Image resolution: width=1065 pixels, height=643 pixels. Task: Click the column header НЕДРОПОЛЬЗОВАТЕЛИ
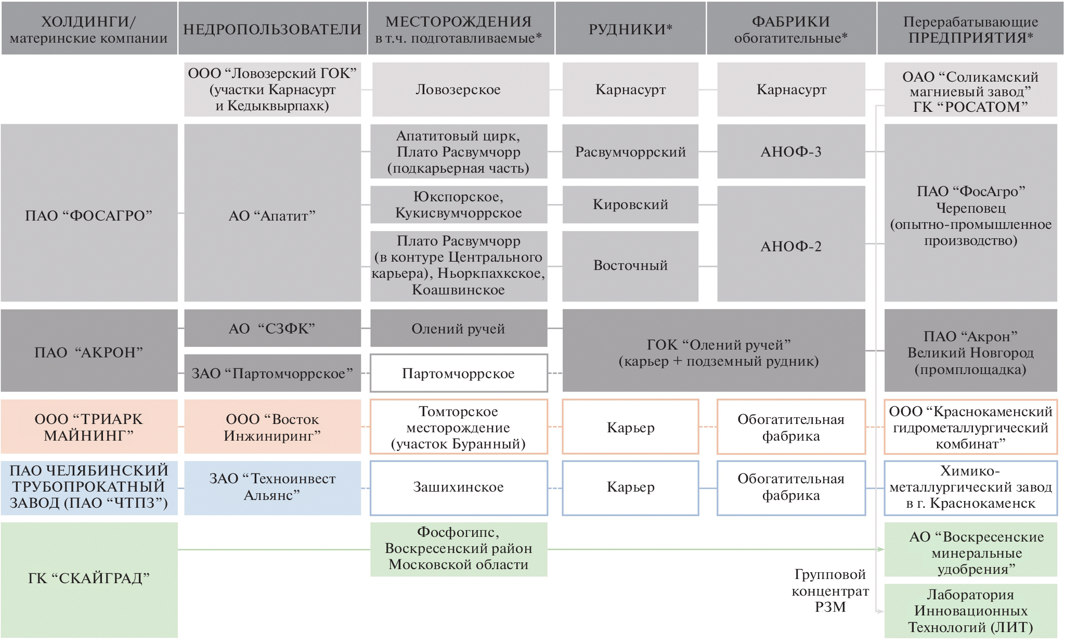click(x=272, y=29)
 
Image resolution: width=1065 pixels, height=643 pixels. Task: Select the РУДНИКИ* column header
click(x=630, y=29)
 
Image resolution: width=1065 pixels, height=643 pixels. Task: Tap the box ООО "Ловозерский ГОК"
click(x=272, y=89)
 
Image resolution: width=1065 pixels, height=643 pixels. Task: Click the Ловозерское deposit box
click(x=458, y=89)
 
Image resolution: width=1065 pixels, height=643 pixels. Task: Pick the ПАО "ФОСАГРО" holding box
click(x=89, y=215)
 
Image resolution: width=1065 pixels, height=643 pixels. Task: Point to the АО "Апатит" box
click(x=272, y=215)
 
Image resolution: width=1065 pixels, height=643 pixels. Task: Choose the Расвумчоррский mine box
click(x=630, y=152)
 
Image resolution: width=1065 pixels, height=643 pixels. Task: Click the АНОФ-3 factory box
click(x=791, y=152)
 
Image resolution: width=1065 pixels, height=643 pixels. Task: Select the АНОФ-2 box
click(x=791, y=246)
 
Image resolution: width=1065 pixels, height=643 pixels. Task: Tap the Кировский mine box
click(x=630, y=204)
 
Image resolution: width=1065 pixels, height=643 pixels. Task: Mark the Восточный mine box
click(x=630, y=265)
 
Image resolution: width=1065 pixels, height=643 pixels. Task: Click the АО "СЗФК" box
click(x=272, y=328)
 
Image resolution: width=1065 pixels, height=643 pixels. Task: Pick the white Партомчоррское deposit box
click(x=458, y=373)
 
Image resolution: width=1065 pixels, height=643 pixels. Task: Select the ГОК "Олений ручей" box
click(x=718, y=352)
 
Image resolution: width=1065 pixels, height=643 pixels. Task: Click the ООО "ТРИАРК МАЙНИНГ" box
click(x=89, y=427)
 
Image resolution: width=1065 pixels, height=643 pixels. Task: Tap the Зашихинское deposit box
click(x=458, y=487)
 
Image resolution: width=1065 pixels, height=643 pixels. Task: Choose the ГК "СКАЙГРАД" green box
click(x=89, y=578)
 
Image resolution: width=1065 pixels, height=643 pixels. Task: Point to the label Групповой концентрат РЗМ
click(x=830, y=590)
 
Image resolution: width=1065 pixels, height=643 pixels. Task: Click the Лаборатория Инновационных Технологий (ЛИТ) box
click(x=970, y=611)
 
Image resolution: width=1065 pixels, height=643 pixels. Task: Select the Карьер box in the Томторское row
click(x=630, y=427)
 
